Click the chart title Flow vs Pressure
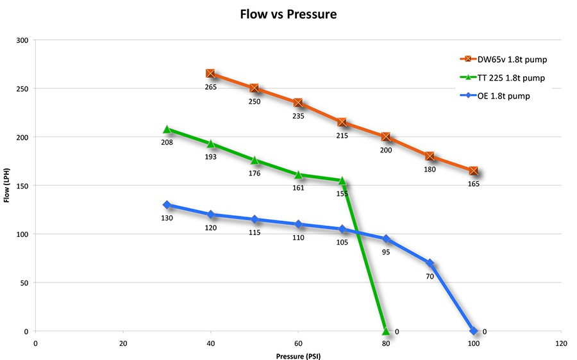[288, 13]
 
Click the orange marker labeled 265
[210, 74]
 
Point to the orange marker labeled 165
[473, 171]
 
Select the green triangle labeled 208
[167, 129]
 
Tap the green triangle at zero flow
[385, 331]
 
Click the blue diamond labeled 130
[167, 205]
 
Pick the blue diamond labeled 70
[430, 263]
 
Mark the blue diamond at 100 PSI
[473, 331]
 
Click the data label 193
[210, 156]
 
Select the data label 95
[385, 252]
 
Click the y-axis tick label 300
[23, 40]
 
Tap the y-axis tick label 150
[23, 186]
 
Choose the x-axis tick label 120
[561, 343]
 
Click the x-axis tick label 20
[122, 343]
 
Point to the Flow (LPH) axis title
[7, 186]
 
